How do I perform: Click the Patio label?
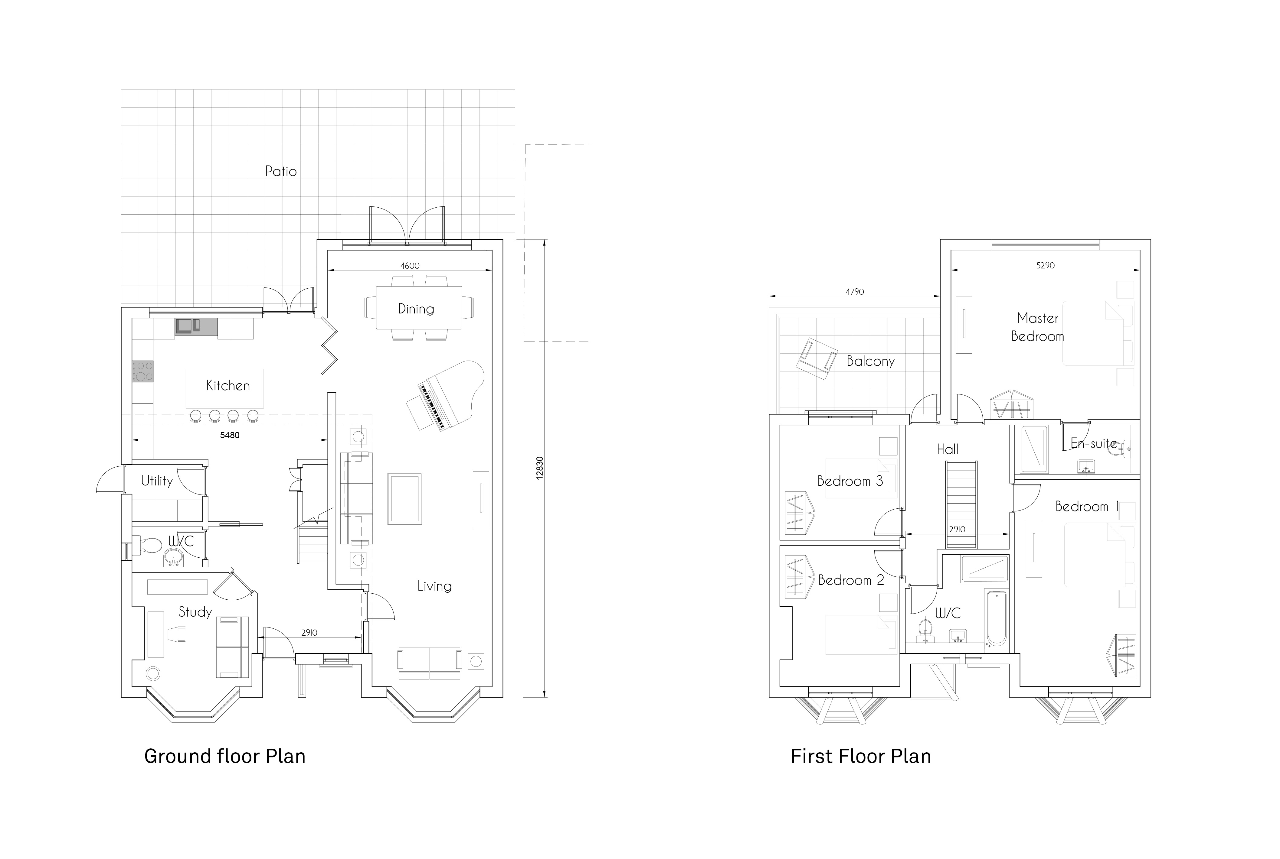[281, 171]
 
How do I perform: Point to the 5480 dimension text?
[230, 436]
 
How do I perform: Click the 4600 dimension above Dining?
[410, 266]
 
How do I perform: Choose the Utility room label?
[157, 481]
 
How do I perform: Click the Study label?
[195, 612]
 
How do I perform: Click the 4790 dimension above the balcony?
[855, 292]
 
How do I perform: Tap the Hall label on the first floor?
[948, 449]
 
